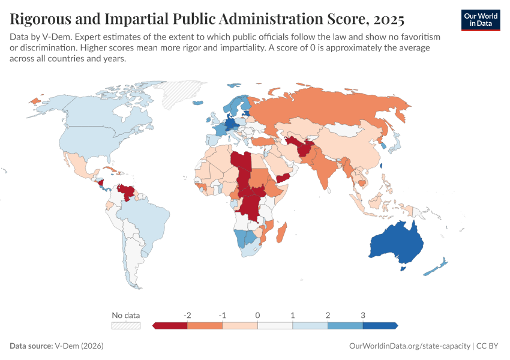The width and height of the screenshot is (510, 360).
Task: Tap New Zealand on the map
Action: [437, 266]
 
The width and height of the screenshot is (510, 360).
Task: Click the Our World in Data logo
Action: [481, 20]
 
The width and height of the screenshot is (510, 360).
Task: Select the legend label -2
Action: [187, 315]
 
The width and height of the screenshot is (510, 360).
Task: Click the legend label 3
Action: [363, 315]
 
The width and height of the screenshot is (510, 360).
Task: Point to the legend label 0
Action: [257, 315]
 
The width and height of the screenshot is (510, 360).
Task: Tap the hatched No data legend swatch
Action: [126, 325]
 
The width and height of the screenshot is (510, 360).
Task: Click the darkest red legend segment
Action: [171, 325]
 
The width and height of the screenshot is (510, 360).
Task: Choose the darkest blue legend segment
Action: [380, 325]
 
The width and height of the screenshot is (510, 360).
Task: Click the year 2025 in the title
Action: [388, 19]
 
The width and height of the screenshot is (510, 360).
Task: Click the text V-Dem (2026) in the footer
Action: [78, 346]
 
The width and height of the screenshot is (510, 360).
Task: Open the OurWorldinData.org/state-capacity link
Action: [409, 346]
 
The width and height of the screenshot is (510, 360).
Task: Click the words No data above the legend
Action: [126, 315]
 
